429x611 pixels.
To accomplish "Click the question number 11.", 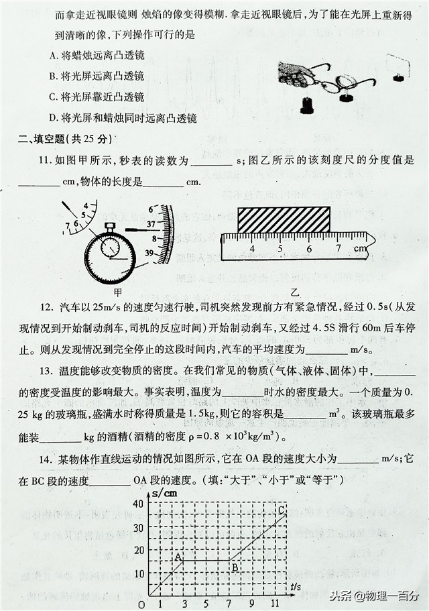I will click(x=45, y=161).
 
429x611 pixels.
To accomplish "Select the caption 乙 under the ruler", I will click(x=295, y=292).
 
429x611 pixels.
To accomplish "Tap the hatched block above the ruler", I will click(x=284, y=219).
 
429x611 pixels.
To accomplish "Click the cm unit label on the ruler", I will click(x=361, y=249).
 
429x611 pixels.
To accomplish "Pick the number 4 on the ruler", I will click(x=252, y=249).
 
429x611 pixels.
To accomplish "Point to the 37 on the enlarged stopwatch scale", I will click(x=151, y=224).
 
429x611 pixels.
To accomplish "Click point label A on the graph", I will click(x=178, y=556).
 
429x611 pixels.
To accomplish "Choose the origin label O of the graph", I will click(x=141, y=604).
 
